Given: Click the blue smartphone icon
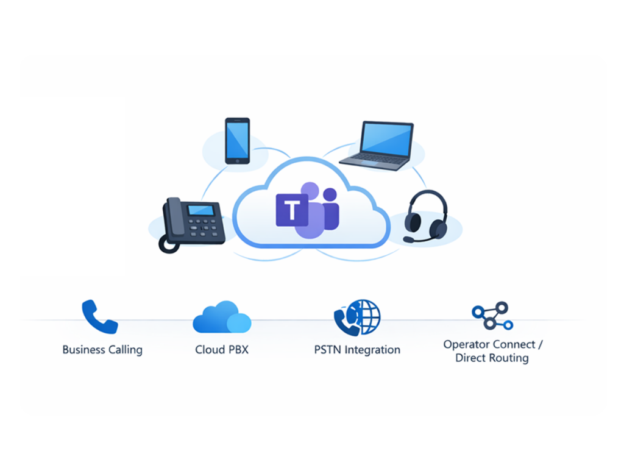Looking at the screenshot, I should pyautogui.click(x=237, y=141).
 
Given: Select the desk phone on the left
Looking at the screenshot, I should pyautogui.click(x=192, y=223).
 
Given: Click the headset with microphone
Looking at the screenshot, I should pyautogui.click(x=426, y=217).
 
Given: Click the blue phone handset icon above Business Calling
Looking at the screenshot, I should pyautogui.click(x=99, y=316).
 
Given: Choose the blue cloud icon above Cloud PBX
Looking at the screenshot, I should pyautogui.click(x=222, y=317).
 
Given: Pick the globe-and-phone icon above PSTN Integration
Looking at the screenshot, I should pyautogui.click(x=357, y=317).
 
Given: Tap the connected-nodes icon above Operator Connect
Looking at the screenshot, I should pyautogui.click(x=492, y=316).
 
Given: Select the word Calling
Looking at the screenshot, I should pyautogui.click(x=125, y=350).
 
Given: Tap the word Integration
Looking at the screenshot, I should pyautogui.click(x=372, y=350).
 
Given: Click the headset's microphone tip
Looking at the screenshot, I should pyautogui.click(x=407, y=239).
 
